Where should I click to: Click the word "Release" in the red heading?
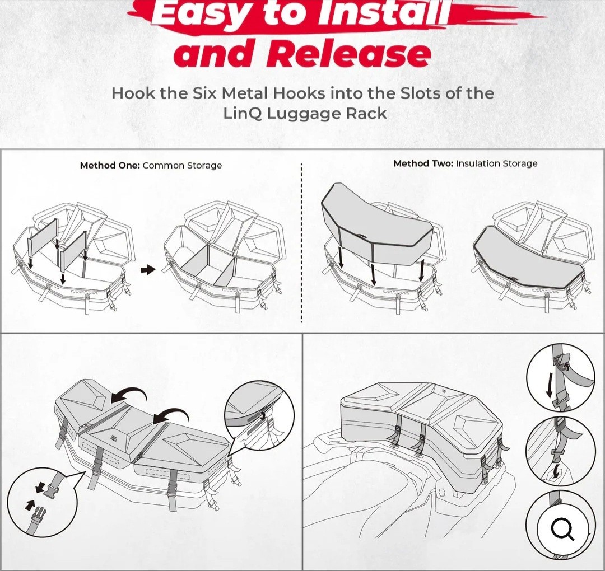[348, 55]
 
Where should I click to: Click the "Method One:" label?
[110, 165]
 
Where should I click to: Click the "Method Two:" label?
[423, 163]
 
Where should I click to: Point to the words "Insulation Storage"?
[496, 163]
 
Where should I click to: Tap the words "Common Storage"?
[182, 165]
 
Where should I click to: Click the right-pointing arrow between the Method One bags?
[148, 270]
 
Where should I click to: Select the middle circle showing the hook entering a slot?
[560, 451]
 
